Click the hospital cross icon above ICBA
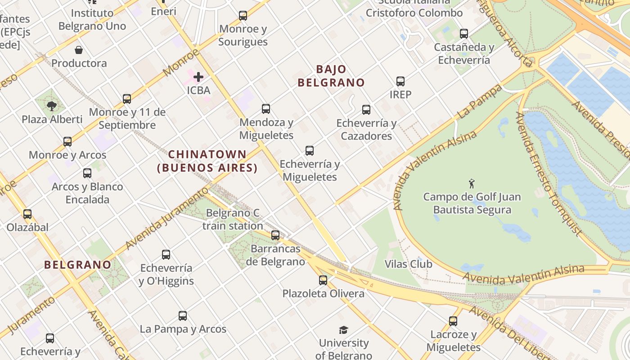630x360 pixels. point(198,77)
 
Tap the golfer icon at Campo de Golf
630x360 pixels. point(472,184)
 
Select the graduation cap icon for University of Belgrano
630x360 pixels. point(344,330)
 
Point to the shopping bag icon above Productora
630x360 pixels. point(79,50)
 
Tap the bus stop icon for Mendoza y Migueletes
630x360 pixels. point(266,109)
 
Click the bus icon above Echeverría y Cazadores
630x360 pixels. point(366,109)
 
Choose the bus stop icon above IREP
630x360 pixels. point(400,81)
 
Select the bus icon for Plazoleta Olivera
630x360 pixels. point(323,280)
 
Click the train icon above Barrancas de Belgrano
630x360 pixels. point(275,235)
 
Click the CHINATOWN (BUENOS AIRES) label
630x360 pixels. point(207,161)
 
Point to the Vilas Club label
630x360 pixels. point(409,264)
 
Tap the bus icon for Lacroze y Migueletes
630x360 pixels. point(453,321)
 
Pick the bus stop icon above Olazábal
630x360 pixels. point(27,214)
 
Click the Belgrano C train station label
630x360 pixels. point(233,219)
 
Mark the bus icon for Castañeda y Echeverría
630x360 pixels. point(464,34)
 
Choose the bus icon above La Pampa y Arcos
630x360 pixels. point(183,316)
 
